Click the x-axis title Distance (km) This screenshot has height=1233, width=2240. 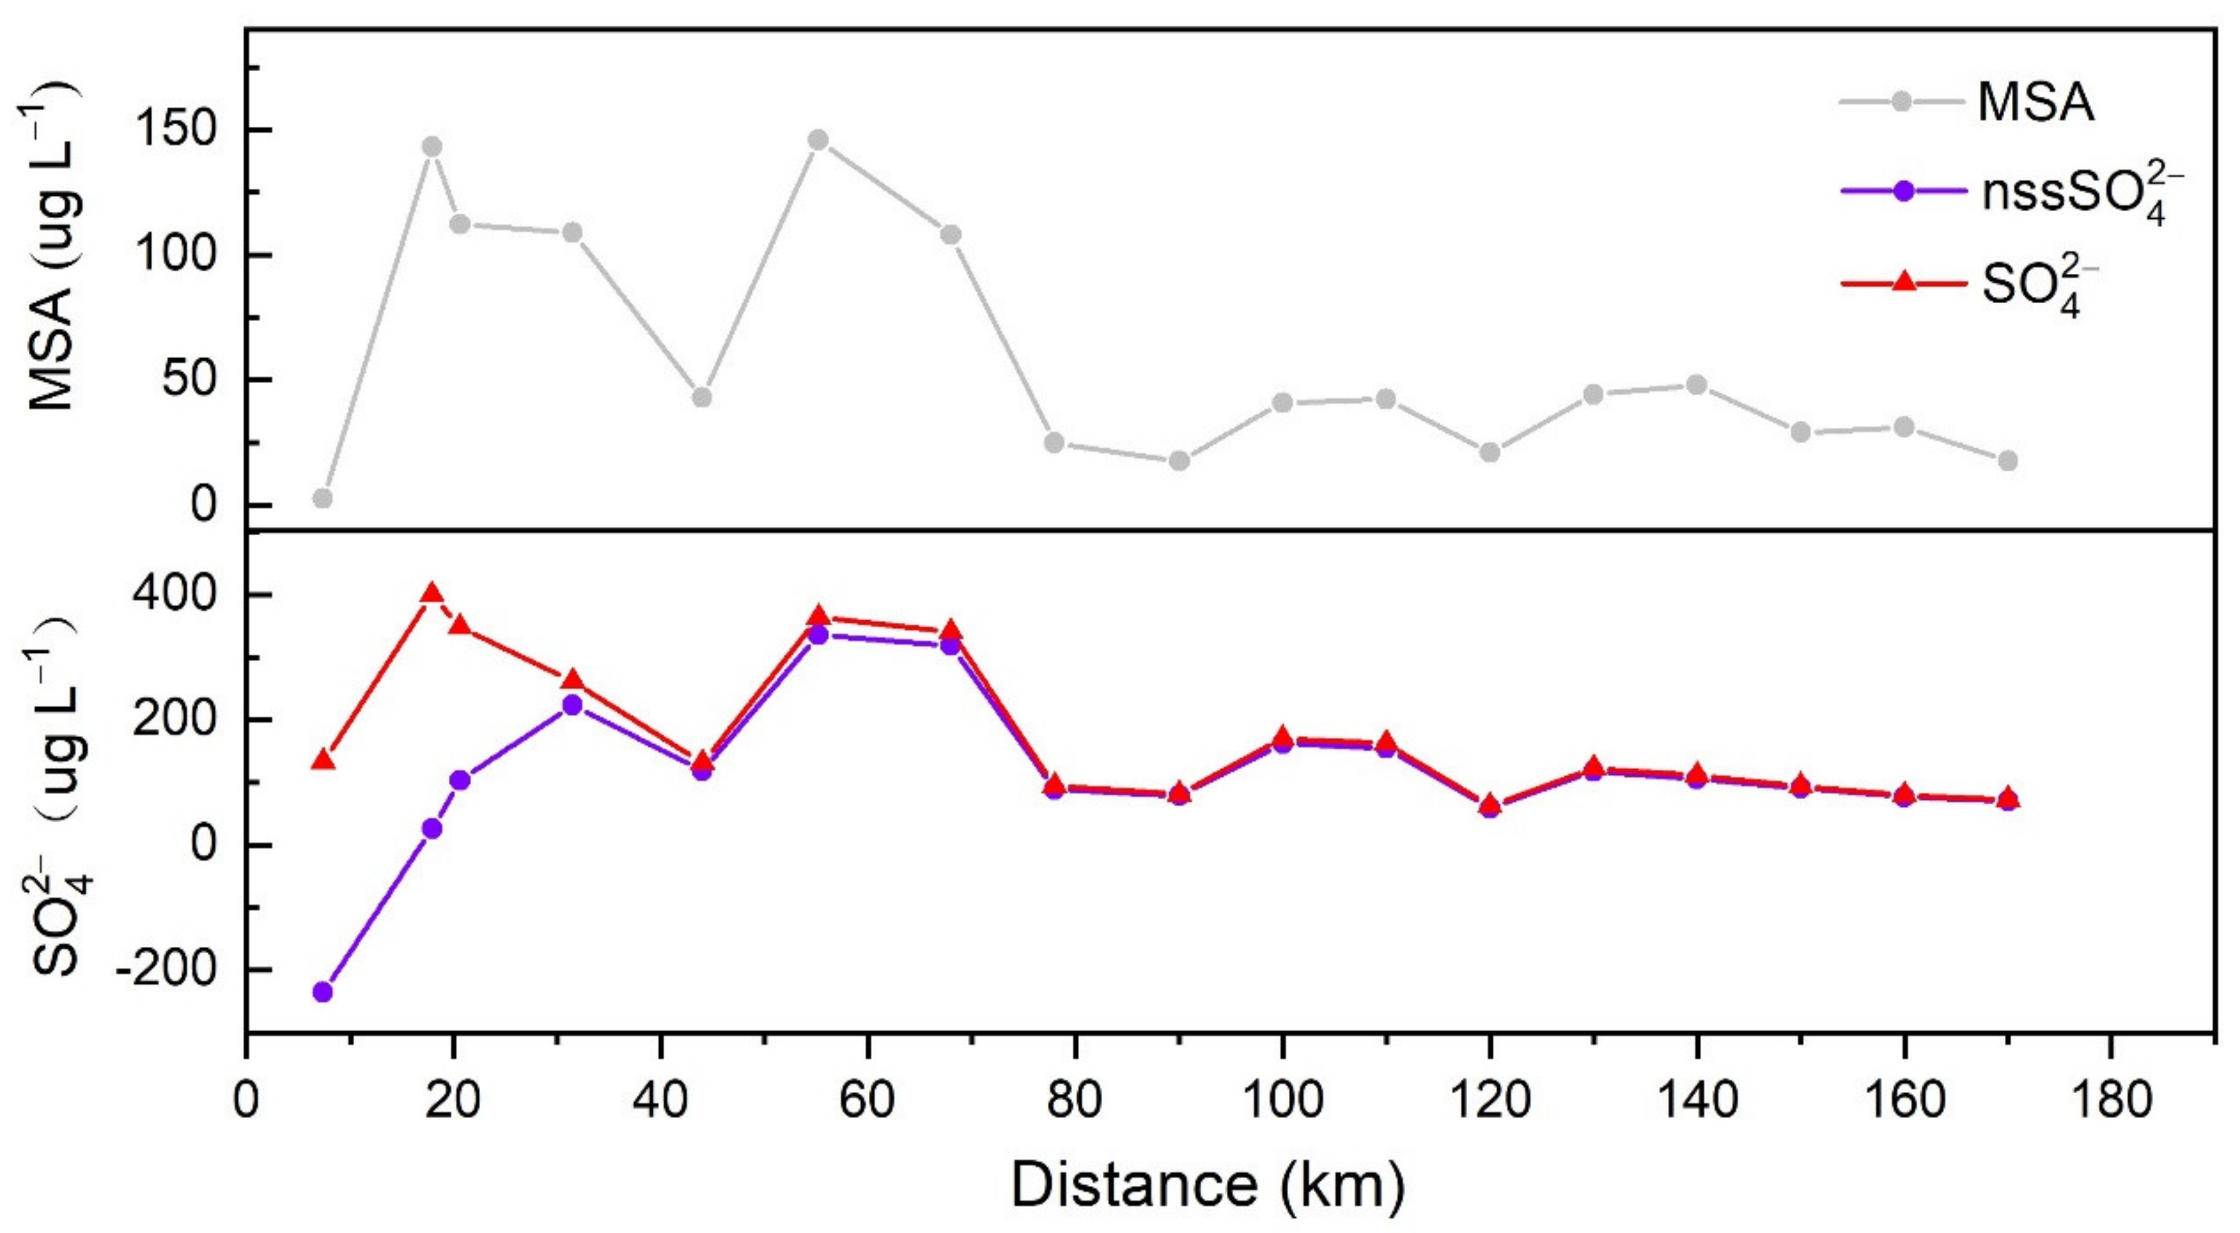[1208, 1184]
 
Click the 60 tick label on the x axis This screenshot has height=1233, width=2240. [867, 1101]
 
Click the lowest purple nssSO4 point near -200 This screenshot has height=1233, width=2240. [323, 991]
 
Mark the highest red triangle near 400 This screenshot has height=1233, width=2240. [432, 595]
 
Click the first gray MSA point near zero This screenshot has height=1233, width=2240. [323, 499]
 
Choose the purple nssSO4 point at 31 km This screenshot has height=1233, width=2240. [572, 704]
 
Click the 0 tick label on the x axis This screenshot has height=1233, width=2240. [247, 1101]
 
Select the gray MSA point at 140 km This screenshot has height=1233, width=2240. [1696, 386]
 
